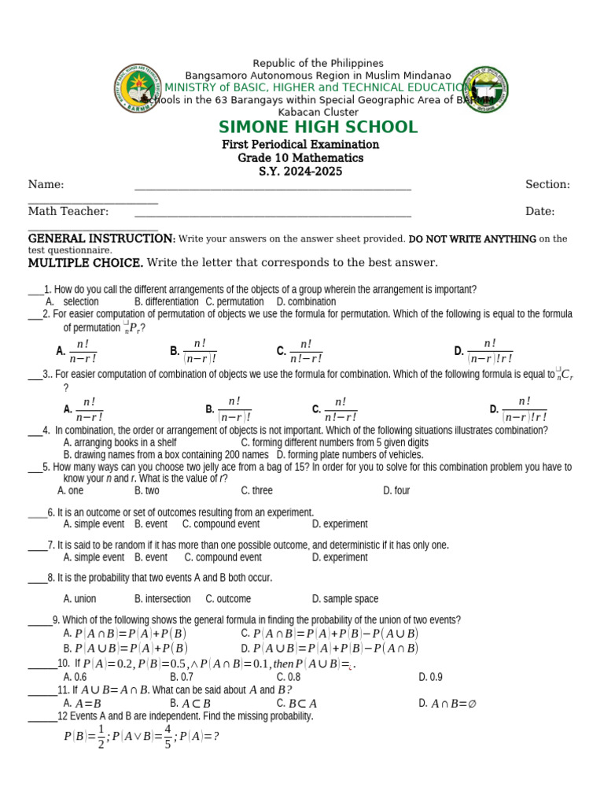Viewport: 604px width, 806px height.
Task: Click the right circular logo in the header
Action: click(x=484, y=89)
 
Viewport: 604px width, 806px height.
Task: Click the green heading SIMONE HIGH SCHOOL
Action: click(x=318, y=128)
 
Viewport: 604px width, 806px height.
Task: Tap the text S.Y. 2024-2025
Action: click(x=300, y=172)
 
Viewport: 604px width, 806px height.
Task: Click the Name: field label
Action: click(x=46, y=185)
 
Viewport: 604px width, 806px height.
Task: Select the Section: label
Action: click(x=547, y=185)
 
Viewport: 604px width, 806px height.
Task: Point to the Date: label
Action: click(x=540, y=212)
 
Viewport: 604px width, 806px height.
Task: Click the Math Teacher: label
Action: click(x=68, y=212)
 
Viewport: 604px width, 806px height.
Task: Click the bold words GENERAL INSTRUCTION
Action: click(x=101, y=238)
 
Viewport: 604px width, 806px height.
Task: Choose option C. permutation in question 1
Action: click(x=234, y=301)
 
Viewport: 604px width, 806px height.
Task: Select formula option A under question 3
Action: click(x=84, y=409)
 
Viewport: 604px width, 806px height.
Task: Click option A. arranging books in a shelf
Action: click(x=120, y=443)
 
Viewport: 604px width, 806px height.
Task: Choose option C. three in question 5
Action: click(x=256, y=490)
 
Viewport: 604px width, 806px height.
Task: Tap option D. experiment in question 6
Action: click(x=339, y=524)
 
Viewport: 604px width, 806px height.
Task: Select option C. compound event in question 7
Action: click(x=223, y=557)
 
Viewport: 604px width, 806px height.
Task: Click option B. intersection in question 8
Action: click(x=162, y=599)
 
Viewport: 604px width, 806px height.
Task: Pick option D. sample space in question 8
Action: click(x=344, y=599)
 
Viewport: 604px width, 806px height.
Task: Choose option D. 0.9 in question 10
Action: click(x=430, y=677)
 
